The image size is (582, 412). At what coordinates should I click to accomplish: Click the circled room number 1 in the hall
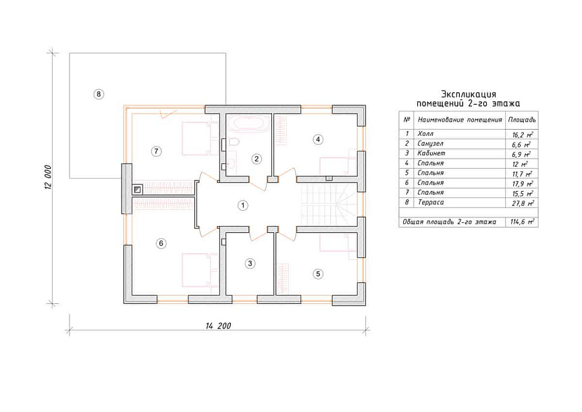pyautogui.click(x=243, y=205)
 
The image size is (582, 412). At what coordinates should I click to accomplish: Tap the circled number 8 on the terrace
pyautogui.click(x=99, y=94)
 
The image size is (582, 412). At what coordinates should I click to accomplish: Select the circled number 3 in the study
pyautogui.click(x=250, y=263)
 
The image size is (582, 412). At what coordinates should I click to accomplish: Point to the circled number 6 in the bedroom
pyautogui.click(x=161, y=244)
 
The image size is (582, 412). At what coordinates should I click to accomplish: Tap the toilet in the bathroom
pyautogui.click(x=233, y=143)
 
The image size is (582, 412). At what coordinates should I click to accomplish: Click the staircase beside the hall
pyautogui.click(x=327, y=205)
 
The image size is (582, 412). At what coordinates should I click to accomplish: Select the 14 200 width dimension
pyautogui.click(x=218, y=326)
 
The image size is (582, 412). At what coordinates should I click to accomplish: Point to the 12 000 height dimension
pyautogui.click(x=48, y=178)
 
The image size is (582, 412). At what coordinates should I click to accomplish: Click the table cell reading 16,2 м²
pyautogui.click(x=522, y=134)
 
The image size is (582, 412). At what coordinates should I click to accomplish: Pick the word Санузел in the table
pyautogui.click(x=431, y=144)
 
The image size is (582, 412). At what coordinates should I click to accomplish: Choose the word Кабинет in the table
pyautogui.click(x=431, y=153)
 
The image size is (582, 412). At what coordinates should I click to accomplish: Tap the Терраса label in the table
pyautogui.click(x=431, y=203)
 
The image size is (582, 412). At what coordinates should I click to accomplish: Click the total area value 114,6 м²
pyautogui.click(x=522, y=222)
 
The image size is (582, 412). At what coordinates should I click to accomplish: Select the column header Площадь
pyautogui.click(x=522, y=120)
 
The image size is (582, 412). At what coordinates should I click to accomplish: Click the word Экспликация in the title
pyautogui.click(x=469, y=95)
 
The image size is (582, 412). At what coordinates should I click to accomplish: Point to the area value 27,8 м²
pyautogui.click(x=523, y=203)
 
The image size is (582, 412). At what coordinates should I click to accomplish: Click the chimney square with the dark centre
pyautogui.click(x=138, y=190)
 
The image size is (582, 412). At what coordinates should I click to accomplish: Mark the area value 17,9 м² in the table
pyautogui.click(x=522, y=183)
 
